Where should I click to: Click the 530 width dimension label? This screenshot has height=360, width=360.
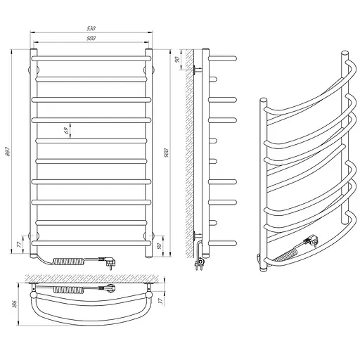91,28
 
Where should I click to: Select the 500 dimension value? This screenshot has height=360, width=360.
91,38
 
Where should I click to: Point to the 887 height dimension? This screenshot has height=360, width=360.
8,151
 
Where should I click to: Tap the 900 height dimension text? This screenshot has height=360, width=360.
166,153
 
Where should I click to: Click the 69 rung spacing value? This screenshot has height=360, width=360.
67,130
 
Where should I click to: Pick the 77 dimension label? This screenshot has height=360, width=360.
20,245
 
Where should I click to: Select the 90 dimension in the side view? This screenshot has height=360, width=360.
177,60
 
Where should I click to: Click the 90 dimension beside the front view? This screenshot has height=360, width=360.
159,246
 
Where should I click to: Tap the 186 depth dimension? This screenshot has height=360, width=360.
15,304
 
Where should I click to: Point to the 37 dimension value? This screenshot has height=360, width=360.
160,302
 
